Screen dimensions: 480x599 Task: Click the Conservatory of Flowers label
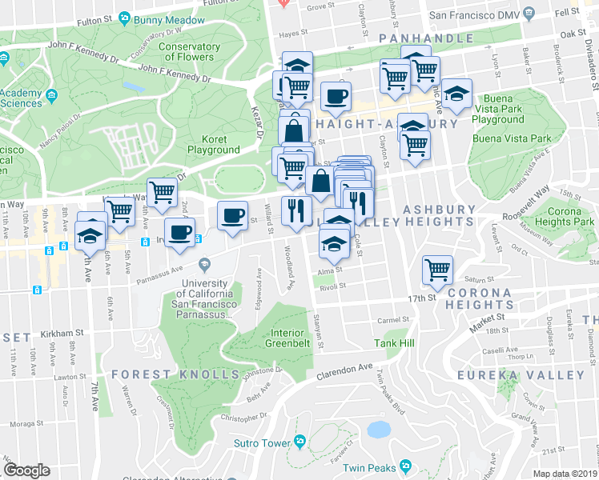pos(189,52)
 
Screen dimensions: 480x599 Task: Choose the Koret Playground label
pos(213,144)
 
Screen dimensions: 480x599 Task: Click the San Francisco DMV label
pos(480,14)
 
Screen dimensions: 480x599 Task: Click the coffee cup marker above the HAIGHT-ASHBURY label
pos(336,95)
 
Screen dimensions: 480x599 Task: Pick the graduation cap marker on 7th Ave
pos(90,236)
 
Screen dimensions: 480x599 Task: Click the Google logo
pos(26,470)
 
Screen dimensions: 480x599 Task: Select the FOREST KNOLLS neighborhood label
pos(175,374)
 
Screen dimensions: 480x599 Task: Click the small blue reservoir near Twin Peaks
pos(377,430)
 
